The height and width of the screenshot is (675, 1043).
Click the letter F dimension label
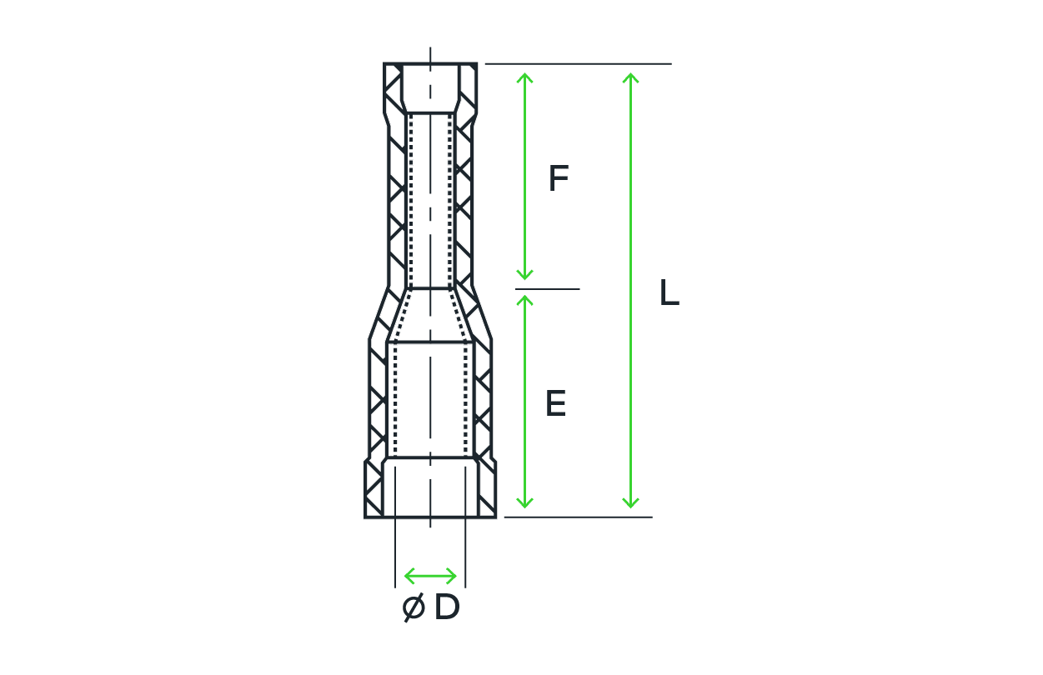pyautogui.click(x=559, y=177)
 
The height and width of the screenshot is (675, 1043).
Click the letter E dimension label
pyautogui.click(x=555, y=403)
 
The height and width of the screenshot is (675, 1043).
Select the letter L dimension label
pyautogui.click(x=669, y=292)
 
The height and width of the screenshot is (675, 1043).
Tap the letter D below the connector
pyautogui.click(x=447, y=607)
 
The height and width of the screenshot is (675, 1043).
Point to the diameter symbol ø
pyautogui.click(x=414, y=607)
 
